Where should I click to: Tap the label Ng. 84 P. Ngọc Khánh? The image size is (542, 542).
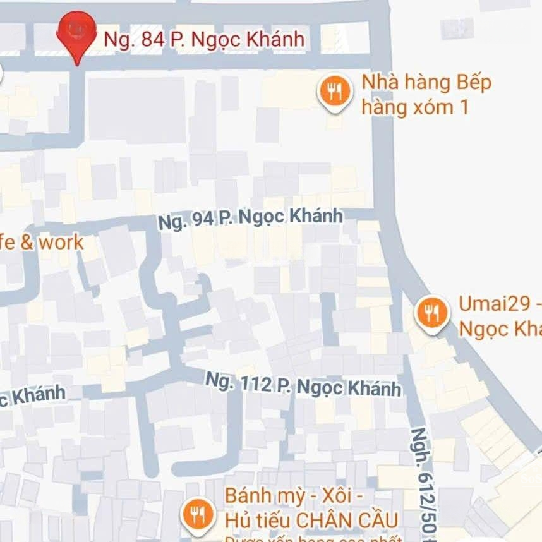204,40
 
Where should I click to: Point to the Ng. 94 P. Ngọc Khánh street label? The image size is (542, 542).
250,219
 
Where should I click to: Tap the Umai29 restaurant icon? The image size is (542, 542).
432,312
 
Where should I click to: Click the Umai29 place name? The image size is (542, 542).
499,304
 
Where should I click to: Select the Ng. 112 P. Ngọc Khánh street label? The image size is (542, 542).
304,383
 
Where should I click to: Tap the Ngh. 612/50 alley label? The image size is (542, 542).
421,480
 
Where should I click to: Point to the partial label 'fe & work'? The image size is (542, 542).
42,242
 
